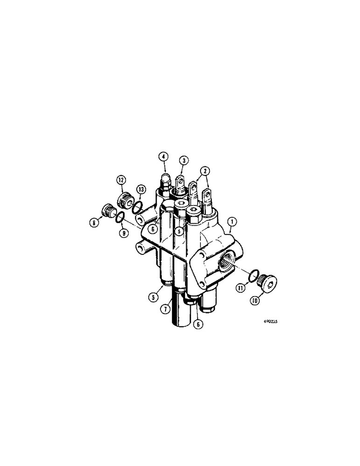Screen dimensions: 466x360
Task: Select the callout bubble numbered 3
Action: coord(184,160)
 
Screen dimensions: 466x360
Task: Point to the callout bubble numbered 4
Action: coord(163,156)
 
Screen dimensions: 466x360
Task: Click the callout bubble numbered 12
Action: coord(121,179)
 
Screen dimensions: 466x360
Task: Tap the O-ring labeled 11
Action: coord(252,276)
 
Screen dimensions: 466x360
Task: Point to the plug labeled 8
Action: coord(110,212)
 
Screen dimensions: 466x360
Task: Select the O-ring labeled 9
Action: coord(120,217)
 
